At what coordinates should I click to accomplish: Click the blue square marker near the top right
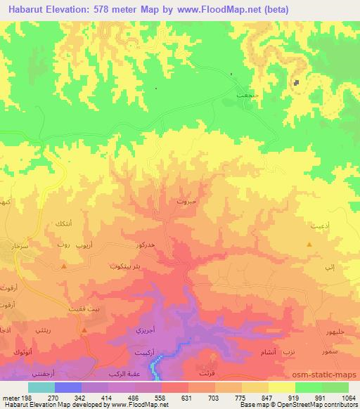tap(297, 82)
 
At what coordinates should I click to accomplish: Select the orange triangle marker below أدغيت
tap(310, 244)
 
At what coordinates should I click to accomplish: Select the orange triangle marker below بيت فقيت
tap(84, 330)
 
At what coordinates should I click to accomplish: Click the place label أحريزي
tap(145, 329)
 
